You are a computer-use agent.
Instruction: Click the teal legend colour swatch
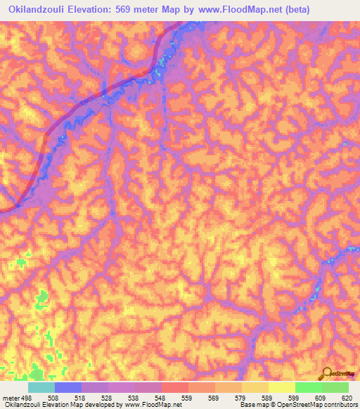pos(41,387)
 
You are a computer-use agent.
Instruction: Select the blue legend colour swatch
pos(68,387)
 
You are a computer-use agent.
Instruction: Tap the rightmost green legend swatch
pos(335,387)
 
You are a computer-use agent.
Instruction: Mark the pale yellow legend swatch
pos(282,387)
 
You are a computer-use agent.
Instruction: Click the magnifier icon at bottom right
pos(326,373)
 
